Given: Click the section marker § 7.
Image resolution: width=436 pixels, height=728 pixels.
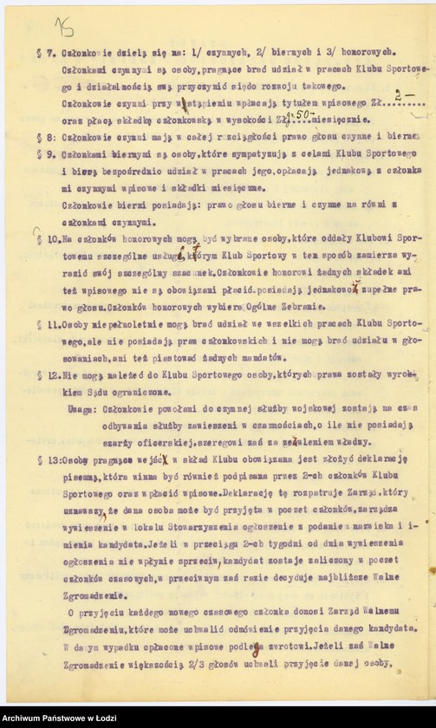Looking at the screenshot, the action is point(48,52).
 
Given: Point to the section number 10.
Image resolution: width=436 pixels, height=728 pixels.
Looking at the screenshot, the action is point(54,237).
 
